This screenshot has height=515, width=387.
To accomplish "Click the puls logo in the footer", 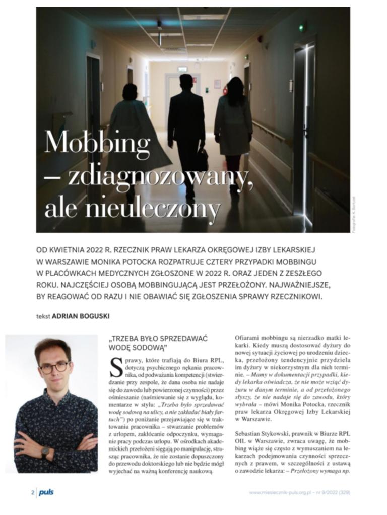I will (x=46, y=492).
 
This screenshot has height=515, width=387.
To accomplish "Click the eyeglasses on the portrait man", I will (x=54, y=367).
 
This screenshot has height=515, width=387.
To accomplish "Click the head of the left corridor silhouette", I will (x=130, y=91).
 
